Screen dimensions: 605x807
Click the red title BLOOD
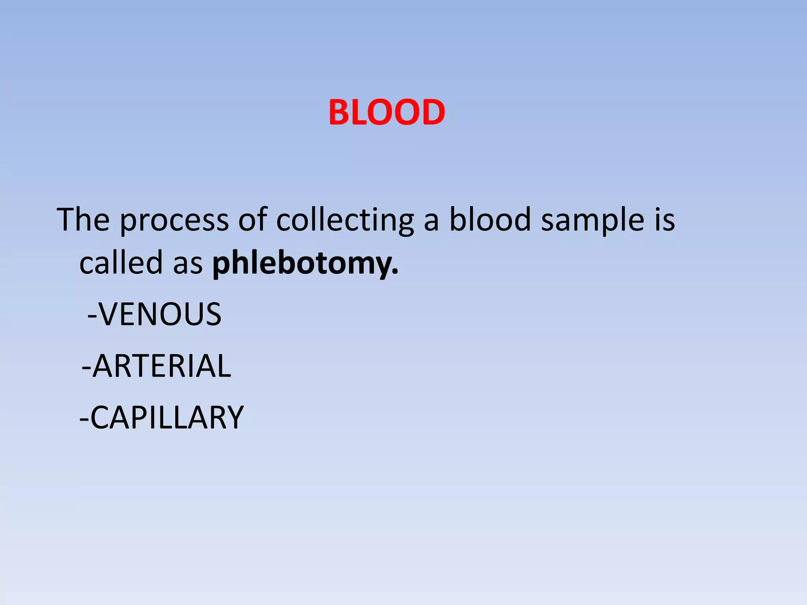[387, 113]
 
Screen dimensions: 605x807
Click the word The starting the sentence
[83, 219]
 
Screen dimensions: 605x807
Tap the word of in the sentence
[253, 219]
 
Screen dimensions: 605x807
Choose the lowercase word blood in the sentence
[490, 219]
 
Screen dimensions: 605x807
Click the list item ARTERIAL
[162, 366]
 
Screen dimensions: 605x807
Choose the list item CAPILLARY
[167, 418]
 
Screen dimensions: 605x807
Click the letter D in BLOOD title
[431, 113]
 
